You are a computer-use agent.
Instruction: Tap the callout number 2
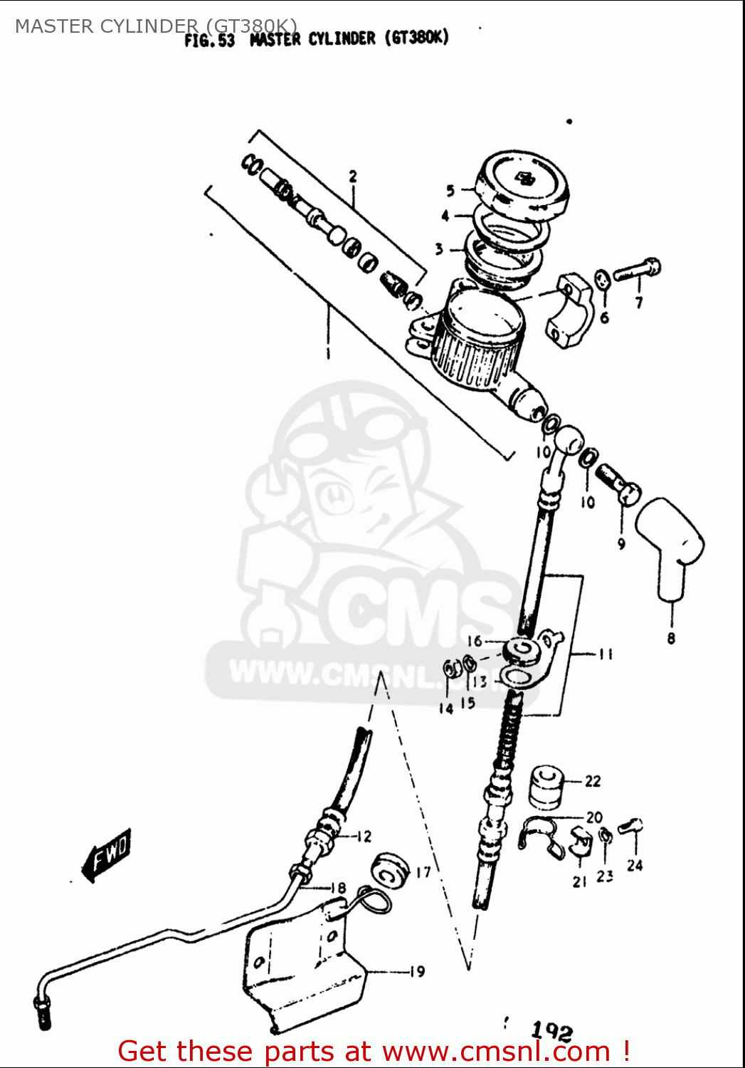point(353,177)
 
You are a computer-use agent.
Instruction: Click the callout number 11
point(606,654)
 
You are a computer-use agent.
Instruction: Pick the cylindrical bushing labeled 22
point(546,787)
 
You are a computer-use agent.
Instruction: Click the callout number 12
point(364,837)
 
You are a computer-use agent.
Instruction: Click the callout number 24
point(635,866)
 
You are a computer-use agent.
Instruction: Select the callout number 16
point(475,641)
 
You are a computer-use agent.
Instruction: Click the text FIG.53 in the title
point(209,41)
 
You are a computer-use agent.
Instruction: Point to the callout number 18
point(339,888)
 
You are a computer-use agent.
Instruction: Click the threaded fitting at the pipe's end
point(42,1012)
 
